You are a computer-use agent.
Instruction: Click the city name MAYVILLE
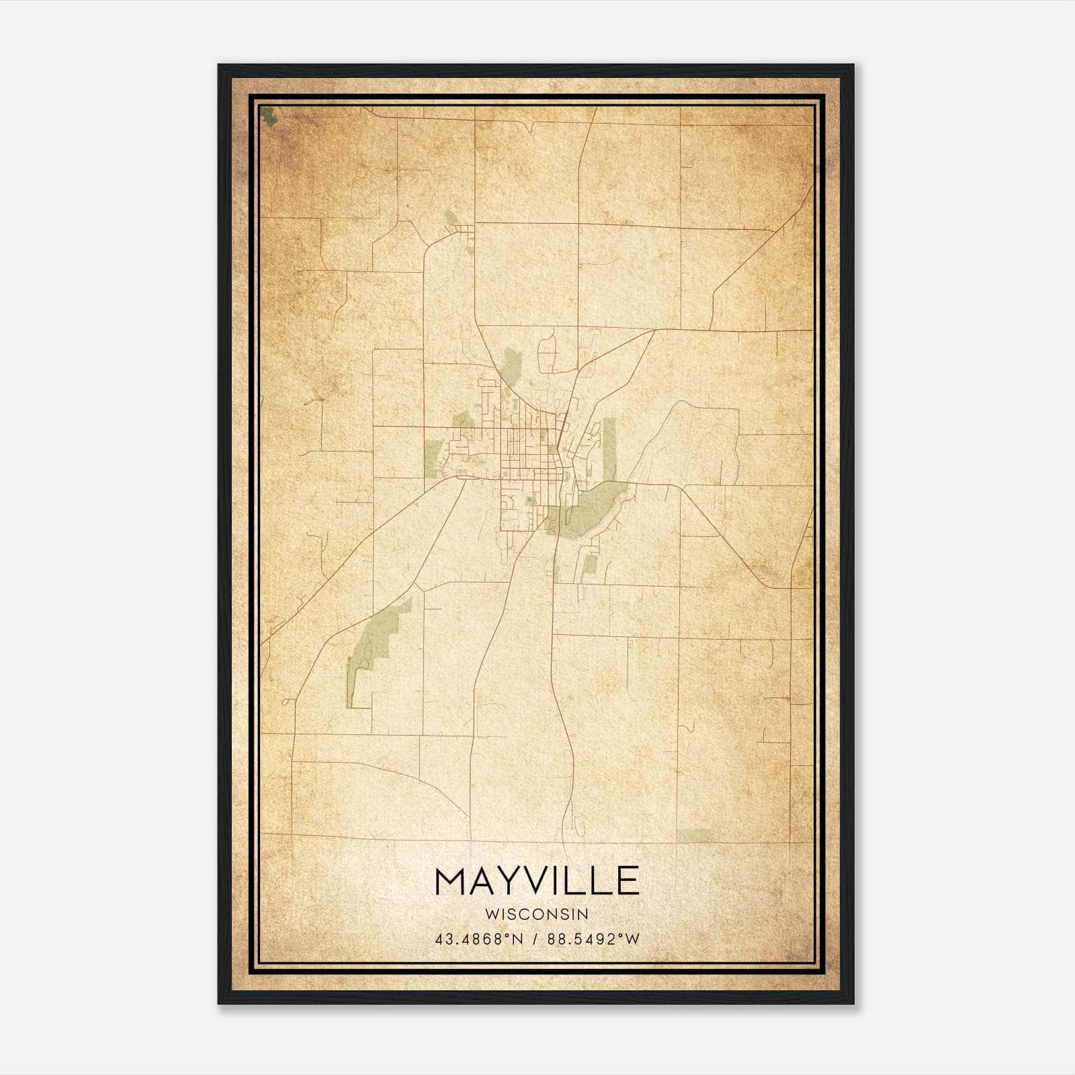click(537, 880)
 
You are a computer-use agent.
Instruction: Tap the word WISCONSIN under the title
click(537, 914)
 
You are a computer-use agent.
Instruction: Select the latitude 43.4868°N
click(478, 939)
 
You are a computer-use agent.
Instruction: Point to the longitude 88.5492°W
click(593, 939)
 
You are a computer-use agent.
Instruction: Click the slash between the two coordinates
click(535, 939)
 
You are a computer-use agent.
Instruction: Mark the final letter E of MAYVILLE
click(628, 880)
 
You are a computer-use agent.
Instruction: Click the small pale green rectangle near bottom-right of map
click(694, 834)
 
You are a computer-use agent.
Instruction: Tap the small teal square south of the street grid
click(530, 499)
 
